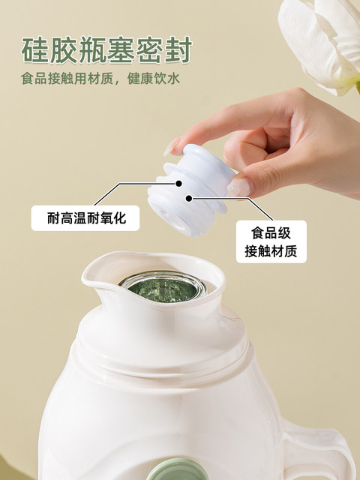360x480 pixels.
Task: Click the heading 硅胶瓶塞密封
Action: pos(106,50)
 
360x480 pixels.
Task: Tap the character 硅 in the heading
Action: pos(35,50)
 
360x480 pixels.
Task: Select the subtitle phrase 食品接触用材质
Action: pos(66,78)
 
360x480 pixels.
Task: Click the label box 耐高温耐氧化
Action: pos(85,218)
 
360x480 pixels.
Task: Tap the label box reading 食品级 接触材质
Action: pos(271,241)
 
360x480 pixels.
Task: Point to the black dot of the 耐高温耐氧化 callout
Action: pos(178,183)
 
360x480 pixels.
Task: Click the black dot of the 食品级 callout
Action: pos(189,199)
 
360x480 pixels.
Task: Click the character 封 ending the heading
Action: pos(178,50)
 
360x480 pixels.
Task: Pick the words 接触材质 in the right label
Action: pos(271,251)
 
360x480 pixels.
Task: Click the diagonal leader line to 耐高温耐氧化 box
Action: pos(106,194)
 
